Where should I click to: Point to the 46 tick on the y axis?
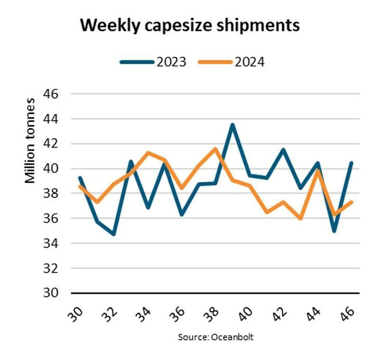tap(51, 94)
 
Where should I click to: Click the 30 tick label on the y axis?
tap(51, 293)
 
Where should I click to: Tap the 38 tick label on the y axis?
tap(51, 193)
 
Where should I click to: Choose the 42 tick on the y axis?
tap(51, 143)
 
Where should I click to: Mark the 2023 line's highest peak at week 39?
tap(232, 125)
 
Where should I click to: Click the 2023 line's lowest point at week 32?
tap(114, 234)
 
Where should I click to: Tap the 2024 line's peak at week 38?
tap(216, 149)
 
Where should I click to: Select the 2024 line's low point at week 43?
tap(300, 219)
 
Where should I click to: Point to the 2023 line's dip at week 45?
tap(334, 231)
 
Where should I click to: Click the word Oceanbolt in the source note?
tap(231, 337)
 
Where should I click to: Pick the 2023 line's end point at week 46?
tap(351, 163)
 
